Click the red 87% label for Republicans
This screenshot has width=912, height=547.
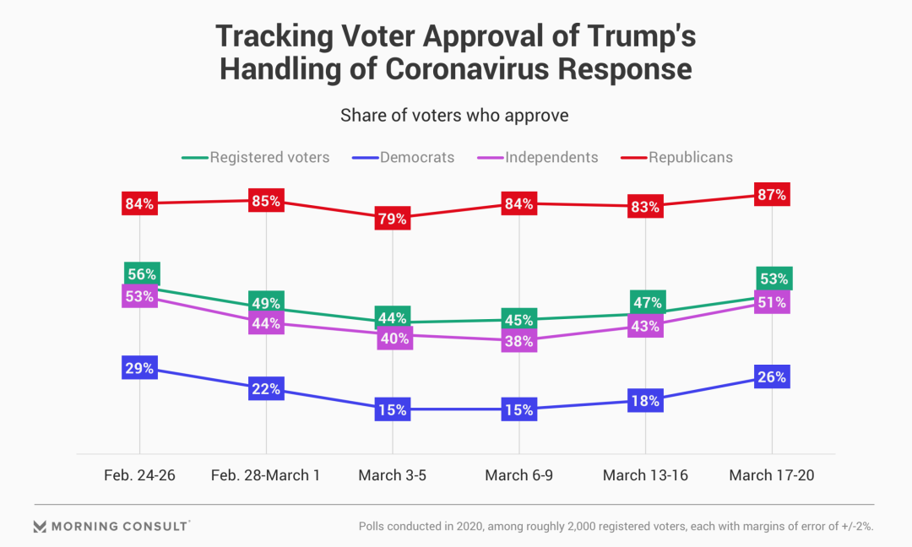[x=772, y=195]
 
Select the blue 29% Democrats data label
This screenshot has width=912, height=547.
[x=139, y=368]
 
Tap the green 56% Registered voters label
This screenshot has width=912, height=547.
[x=141, y=273]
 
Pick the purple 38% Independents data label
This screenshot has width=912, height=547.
[x=519, y=342]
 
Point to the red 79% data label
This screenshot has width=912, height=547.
[x=393, y=219]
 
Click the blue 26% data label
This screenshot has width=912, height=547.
[x=772, y=377]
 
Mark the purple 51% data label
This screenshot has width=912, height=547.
[x=772, y=302]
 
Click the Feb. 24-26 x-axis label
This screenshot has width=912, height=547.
[x=139, y=475]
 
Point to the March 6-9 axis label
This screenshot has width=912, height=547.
[x=518, y=475]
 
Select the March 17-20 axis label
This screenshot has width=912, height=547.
[x=772, y=475]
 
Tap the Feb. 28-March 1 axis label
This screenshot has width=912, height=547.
[x=265, y=475]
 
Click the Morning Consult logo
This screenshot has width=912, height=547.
[x=111, y=527]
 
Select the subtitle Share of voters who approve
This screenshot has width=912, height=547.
[x=454, y=116]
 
